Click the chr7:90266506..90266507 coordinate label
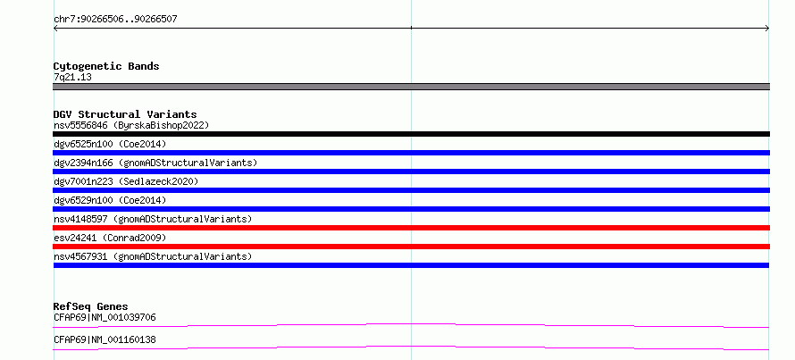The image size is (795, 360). (115, 20)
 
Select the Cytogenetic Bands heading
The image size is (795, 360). (106, 66)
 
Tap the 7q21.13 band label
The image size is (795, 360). (72, 78)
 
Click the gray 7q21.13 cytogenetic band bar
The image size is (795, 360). (411, 87)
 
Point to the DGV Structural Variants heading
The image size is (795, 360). (125, 114)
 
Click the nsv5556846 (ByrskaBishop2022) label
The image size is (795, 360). (131, 125)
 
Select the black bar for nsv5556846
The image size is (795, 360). (411, 134)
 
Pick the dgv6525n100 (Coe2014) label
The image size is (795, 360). (110, 144)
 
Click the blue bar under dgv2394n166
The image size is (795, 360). (411, 172)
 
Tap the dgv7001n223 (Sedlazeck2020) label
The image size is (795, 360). (126, 181)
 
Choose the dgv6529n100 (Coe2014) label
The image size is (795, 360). (110, 200)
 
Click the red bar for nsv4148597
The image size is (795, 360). (411, 228)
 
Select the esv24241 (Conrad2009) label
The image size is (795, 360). (110, 238)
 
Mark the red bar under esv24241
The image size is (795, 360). (411, 247)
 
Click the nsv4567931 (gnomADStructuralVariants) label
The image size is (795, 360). (153, 256)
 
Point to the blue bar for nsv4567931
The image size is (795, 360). (411, 265)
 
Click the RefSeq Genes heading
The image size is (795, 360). (90, 306)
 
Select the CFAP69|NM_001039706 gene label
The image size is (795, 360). (105, 318)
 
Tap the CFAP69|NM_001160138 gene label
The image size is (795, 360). (105, 339)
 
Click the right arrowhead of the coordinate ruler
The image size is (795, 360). (768, 29)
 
